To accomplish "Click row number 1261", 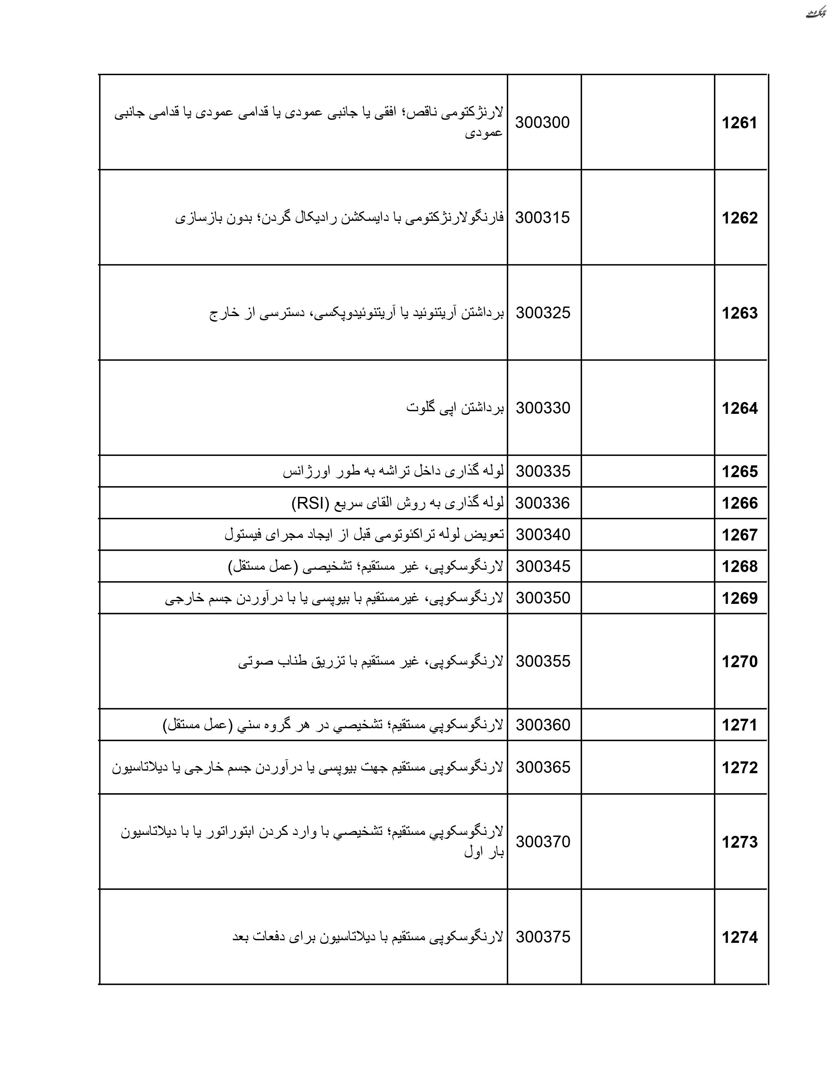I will click(739, 123).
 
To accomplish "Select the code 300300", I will click(543, 122).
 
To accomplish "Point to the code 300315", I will click(543, 218).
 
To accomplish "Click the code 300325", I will click(543, 313).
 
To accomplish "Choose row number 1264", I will click(739, 409).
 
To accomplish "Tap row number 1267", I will click(739, 535).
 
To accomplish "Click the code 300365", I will click(543, 768).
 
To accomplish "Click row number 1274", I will click(739, 938).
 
